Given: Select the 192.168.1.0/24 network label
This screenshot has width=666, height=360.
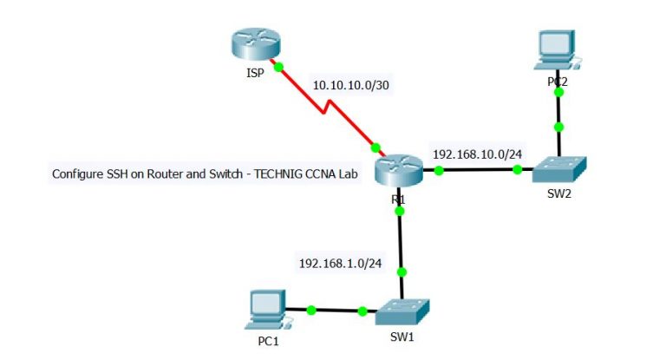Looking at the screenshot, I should click(340, 262).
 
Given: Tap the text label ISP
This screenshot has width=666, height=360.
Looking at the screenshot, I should click(254, 75).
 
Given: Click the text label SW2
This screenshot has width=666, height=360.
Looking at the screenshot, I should click(558, 194).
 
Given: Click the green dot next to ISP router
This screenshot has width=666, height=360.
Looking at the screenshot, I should click(278, 66).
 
